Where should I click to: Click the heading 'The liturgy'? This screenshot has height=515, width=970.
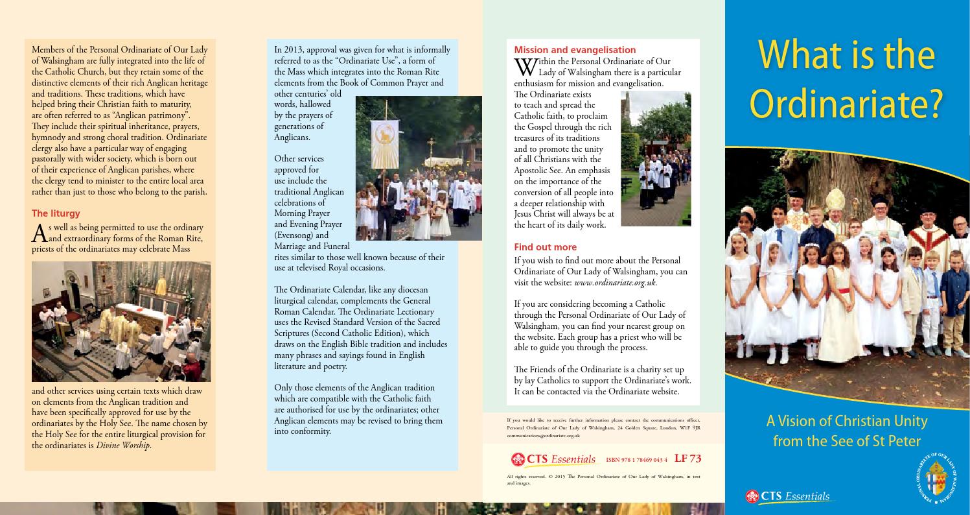(x=56, y=213)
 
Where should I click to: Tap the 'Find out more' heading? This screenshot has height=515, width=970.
(x=545, y=247)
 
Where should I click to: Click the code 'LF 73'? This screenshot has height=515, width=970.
(x=687, y=459)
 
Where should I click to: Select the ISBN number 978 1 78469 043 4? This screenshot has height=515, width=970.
(x=636, y=460)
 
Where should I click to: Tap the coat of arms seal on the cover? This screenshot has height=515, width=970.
(x=939, y=479)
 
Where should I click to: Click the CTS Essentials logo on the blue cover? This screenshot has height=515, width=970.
(x=787, y=497)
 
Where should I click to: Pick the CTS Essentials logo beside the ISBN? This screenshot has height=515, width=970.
(x=553, y=459)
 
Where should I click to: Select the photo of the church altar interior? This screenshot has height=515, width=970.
(x=121, y=322)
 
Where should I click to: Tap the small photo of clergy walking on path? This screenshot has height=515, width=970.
(x=656, y=158)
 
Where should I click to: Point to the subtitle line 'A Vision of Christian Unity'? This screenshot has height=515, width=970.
(x=846, y=421)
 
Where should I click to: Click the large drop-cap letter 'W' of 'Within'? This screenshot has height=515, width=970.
(x=525, y=67)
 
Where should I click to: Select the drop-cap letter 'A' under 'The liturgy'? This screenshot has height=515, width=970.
(x=40, y=233)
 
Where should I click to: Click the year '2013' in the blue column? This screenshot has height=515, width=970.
(x=294, y=50)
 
